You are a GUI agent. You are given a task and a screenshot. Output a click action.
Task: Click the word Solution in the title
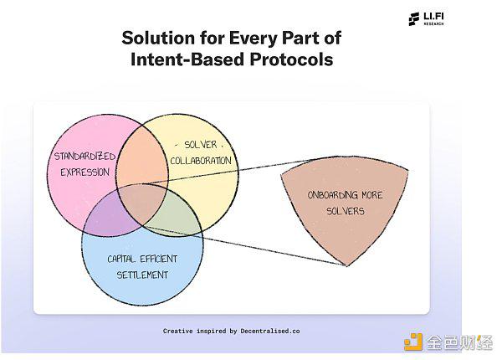(x=158, y=38)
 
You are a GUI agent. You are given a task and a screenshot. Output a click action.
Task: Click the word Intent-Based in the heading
(x=187, y=59)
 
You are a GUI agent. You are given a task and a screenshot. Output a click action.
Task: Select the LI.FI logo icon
(x=413, y=19)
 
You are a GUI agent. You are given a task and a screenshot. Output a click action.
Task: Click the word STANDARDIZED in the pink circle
(x=85, y=157)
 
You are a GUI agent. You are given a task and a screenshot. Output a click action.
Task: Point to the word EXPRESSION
(x=85, y=172)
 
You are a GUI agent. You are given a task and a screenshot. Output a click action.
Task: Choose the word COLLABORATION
(x=201, y=161)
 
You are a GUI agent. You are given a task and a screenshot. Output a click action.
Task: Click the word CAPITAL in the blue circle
(x=120, y=259)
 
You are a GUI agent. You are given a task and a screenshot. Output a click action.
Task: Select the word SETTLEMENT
(x=142, y=275)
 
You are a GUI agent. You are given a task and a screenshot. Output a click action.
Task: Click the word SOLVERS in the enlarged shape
(x=346, y=211)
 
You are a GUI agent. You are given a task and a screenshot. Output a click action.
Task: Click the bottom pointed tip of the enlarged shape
(x=346, y=266)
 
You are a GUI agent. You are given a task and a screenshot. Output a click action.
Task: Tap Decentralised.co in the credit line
(x=270, y=332)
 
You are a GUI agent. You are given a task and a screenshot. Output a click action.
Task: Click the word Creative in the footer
(x=177, y=332)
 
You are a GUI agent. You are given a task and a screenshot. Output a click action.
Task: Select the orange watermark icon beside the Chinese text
(x=413, y=342)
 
